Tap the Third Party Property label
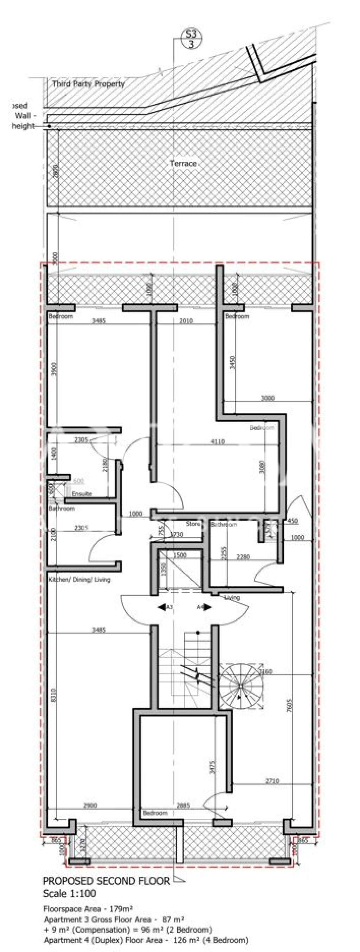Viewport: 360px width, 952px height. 88,84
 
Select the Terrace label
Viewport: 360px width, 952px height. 183,163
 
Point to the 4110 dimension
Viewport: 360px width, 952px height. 218,441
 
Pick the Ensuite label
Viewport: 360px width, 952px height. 82,494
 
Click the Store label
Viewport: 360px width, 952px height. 193,524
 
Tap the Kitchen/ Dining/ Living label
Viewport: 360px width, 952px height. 79,579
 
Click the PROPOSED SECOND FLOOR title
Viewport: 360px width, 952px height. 107,881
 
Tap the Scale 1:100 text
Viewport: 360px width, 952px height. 70,894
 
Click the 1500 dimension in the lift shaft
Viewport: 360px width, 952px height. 180,555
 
